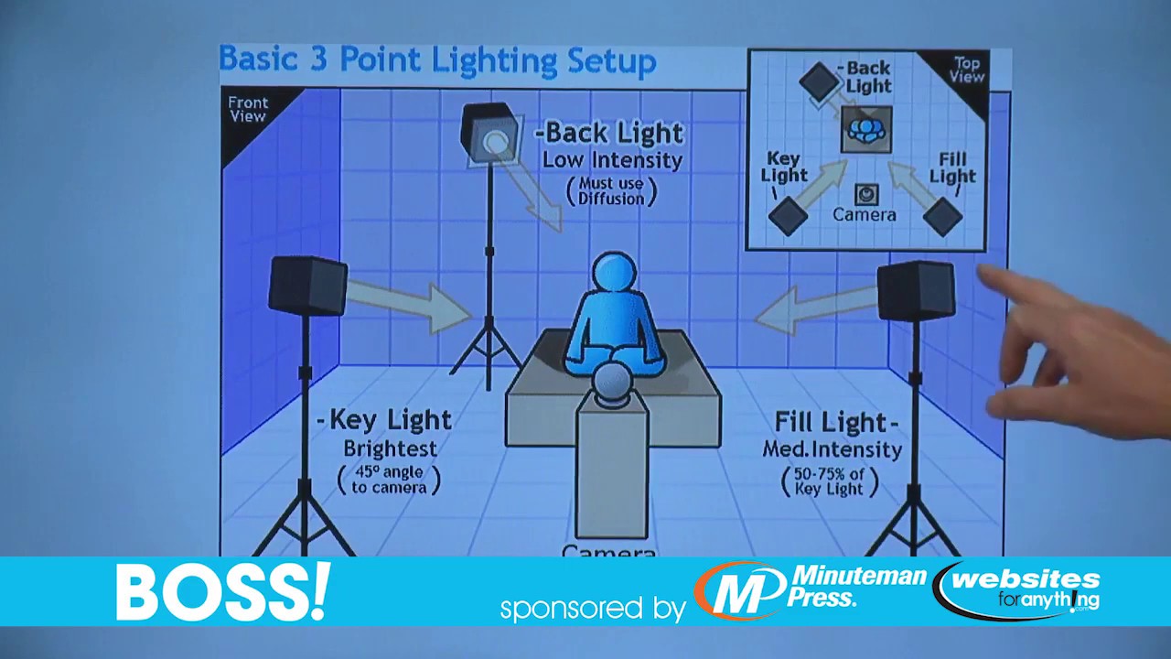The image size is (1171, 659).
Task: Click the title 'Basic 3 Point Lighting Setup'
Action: pos(437,60)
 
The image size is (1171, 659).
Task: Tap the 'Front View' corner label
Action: pos(247,110)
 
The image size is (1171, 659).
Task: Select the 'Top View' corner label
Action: pos(967,70)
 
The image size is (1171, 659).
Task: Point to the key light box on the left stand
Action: pos(308,286)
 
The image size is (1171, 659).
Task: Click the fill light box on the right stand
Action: pos(915,290)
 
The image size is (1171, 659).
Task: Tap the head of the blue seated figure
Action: pos(613,275)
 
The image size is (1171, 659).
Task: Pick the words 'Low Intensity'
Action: pos(612,160)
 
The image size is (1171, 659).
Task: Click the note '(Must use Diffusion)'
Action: pos(611,191)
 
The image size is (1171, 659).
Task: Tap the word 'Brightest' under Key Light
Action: pos(390,449)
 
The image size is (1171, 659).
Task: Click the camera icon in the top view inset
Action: pos(865,194)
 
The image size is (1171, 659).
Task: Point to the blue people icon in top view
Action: pos(865,129)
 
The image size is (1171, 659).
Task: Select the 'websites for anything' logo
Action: pos(1019,590)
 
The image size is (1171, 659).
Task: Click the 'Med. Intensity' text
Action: pos(832,449)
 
